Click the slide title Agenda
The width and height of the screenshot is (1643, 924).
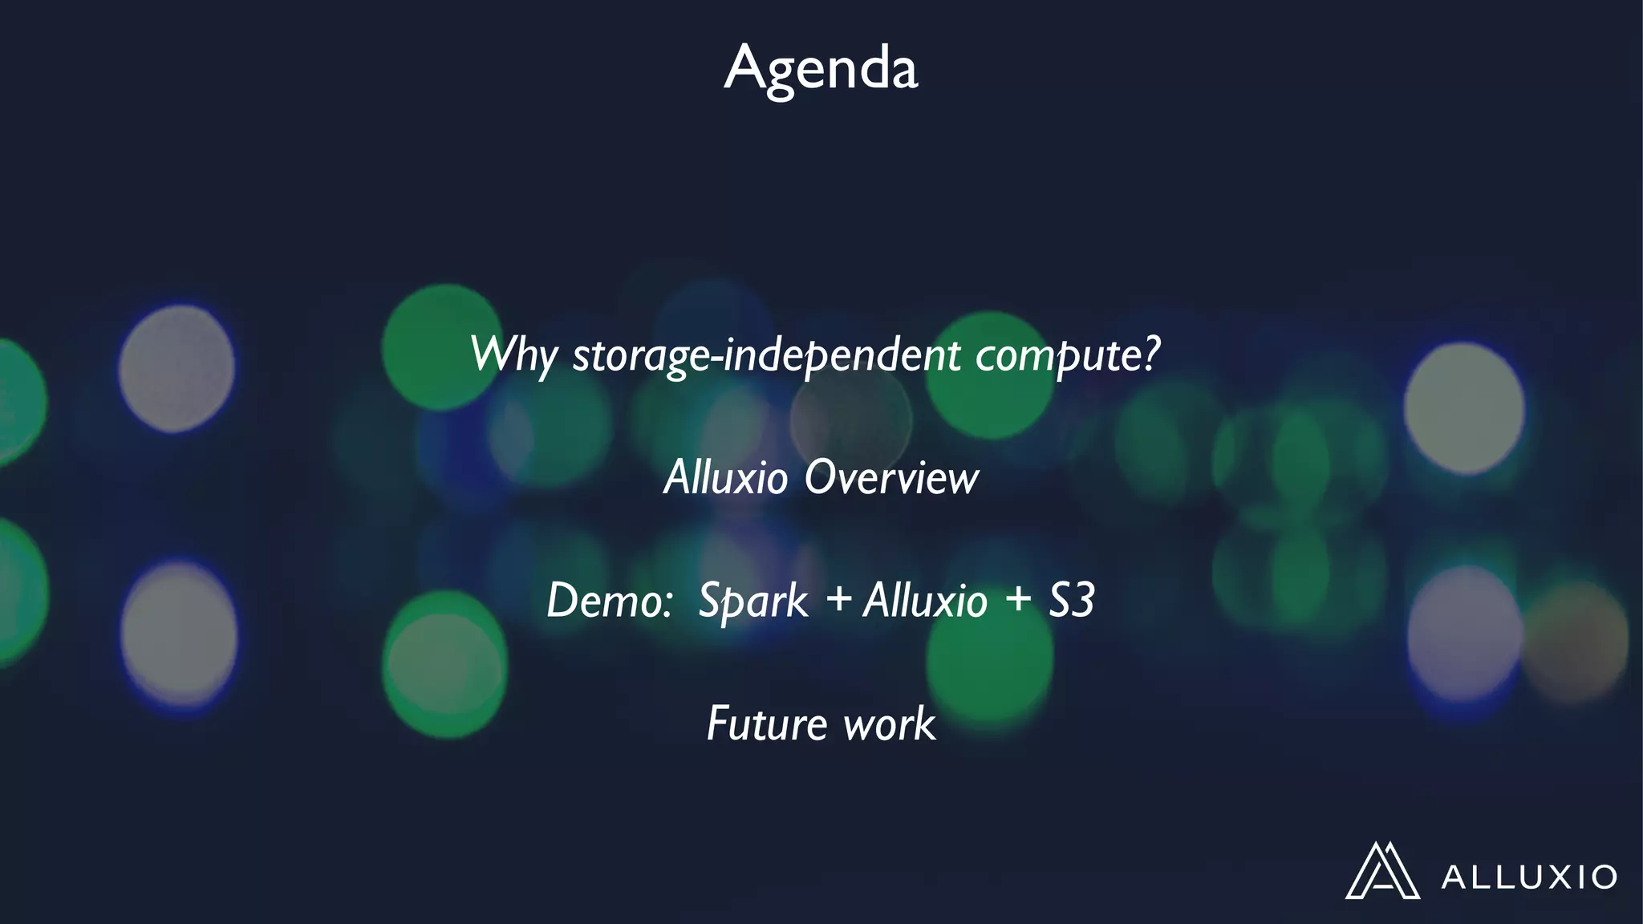(x=821, y=67)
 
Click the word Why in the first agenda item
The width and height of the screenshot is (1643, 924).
(x=513, y=355)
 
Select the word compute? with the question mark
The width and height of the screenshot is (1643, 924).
(x=1068, y=355)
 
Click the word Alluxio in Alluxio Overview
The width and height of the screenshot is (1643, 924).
(x=726, y=478)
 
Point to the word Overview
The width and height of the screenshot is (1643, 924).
(x=891, y=478)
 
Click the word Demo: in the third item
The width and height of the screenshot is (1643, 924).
(x=609, y=601)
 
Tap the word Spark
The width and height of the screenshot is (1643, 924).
(x=753, y=601)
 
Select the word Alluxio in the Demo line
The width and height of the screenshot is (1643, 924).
(x=925, y=601)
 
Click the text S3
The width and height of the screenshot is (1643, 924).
(x=1071, y=599)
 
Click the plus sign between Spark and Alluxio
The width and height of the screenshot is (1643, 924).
(x=838, y=599)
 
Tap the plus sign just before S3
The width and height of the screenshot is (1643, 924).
(x=1018, y=599)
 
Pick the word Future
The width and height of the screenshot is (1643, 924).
(x=767, y=723)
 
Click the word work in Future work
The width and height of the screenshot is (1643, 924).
(x=890, y=723)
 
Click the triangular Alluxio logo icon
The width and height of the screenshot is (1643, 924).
(x=1381, y=872)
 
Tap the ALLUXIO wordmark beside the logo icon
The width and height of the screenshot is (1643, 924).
(x=1529, y=877)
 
